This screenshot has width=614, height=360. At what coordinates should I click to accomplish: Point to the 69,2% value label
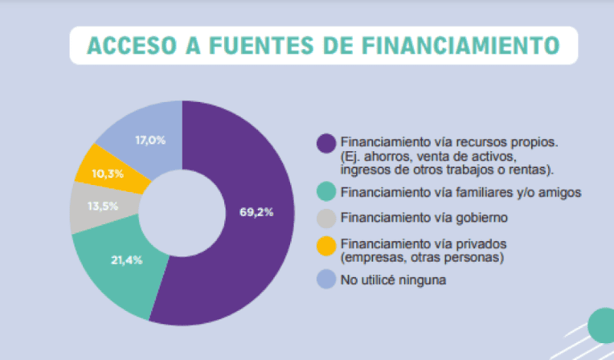(x=256, y=212)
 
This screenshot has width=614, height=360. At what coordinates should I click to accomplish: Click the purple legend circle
(x=326, y=143)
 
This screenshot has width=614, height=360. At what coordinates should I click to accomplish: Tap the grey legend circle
(x=326, y=218)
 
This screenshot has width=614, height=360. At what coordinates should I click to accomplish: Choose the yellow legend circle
(x=326, y=246)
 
